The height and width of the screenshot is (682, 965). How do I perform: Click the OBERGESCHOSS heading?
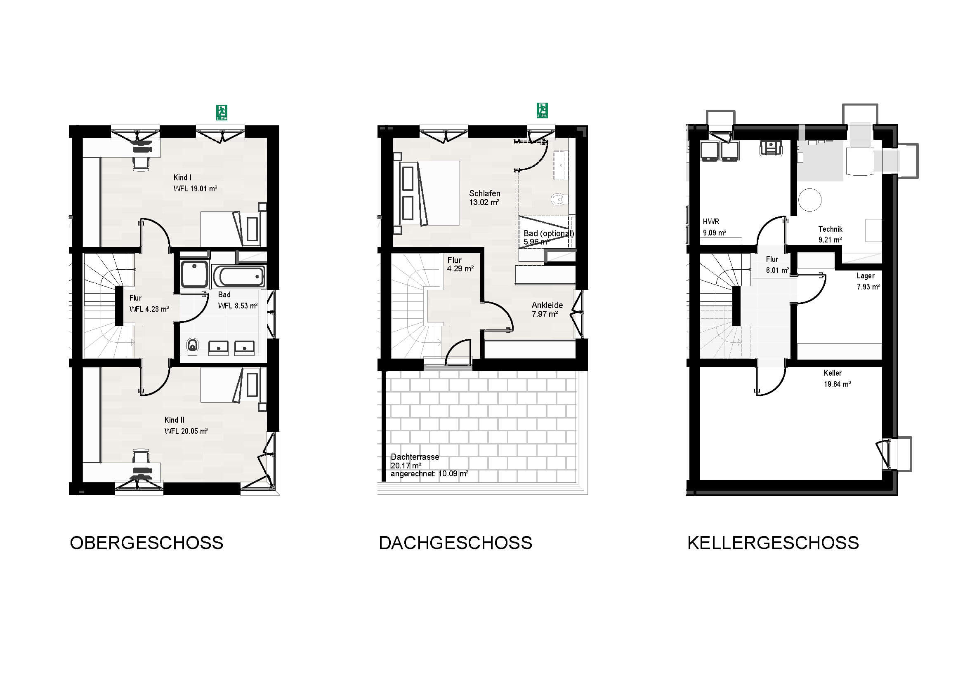click(x=146, y=543)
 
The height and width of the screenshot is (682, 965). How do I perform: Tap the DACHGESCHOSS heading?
click(x=455, y=543)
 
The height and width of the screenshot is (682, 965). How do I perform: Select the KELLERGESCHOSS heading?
click(x=773, y=543)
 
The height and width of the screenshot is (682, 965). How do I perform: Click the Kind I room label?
click(x=182, y=178)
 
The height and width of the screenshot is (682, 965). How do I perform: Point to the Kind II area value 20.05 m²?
click(x=194, y=431)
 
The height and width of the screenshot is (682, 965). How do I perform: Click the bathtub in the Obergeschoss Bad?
click(x=239, y=276)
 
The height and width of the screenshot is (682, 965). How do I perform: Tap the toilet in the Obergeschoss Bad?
click(x=193, y=346)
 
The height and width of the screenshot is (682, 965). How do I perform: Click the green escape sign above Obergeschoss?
click(x=222, y=112)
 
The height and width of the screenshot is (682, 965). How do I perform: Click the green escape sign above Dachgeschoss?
click(x=542, y=111)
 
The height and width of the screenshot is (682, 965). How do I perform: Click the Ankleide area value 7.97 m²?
click(x=545, y=314)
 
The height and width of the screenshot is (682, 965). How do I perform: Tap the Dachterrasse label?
click(x=415, y=457)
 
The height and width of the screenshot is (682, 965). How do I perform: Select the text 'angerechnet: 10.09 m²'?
click(x=429, y=474)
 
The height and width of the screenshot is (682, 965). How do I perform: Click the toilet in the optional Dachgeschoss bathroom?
click(x=558, y=199)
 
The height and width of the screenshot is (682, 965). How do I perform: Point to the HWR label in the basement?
click(x=711, y=222)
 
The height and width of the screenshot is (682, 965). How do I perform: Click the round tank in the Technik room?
click(x=809, y=200)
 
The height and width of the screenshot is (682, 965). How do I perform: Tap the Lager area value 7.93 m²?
click(x=868, y=287)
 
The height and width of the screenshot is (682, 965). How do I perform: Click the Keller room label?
click(x=833, y=373)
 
